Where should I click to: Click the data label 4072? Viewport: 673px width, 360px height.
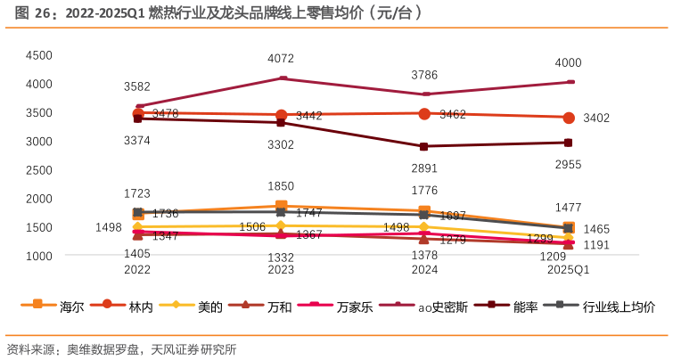point(281,59)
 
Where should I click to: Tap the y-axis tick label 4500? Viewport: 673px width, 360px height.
point(39,55)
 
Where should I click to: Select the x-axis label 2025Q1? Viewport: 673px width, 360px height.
point(568,268)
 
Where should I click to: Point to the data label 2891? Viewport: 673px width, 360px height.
point(423,168)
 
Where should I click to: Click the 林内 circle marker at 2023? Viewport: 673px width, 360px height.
point(281,115)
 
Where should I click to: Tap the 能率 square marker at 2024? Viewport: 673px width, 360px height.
point(423,146)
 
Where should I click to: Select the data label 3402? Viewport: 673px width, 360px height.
point(596,119)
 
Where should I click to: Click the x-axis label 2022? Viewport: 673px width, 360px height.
point(137,268)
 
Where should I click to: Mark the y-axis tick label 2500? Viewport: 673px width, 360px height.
point(39,170)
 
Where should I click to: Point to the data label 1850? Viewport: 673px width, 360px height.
point(281,186)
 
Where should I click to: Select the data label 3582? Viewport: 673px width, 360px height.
point(137,86)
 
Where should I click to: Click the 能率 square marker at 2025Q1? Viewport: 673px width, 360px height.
point(569,143)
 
